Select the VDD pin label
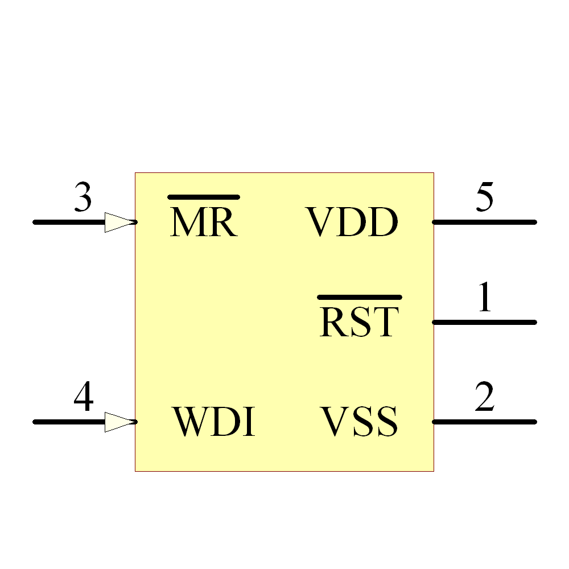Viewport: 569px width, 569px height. (x=352, y=222)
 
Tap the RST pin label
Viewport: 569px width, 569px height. (x=358, y=323)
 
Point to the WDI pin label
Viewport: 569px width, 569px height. (x=213, y=422)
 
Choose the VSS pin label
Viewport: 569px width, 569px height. (x=358, y=422)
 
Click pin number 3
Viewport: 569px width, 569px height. (x=83, y=199)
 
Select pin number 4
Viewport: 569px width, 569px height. (x=84, y=398)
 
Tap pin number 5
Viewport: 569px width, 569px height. (x=485, y=198)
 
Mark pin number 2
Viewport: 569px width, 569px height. (x=485, y=398)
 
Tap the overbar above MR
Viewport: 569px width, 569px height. (x=203, y=197)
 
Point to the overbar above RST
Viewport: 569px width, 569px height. (x=360, y=297)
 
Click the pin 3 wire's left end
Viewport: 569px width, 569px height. (x=36, y=222)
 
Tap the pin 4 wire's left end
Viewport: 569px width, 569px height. (x=36, y=422)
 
